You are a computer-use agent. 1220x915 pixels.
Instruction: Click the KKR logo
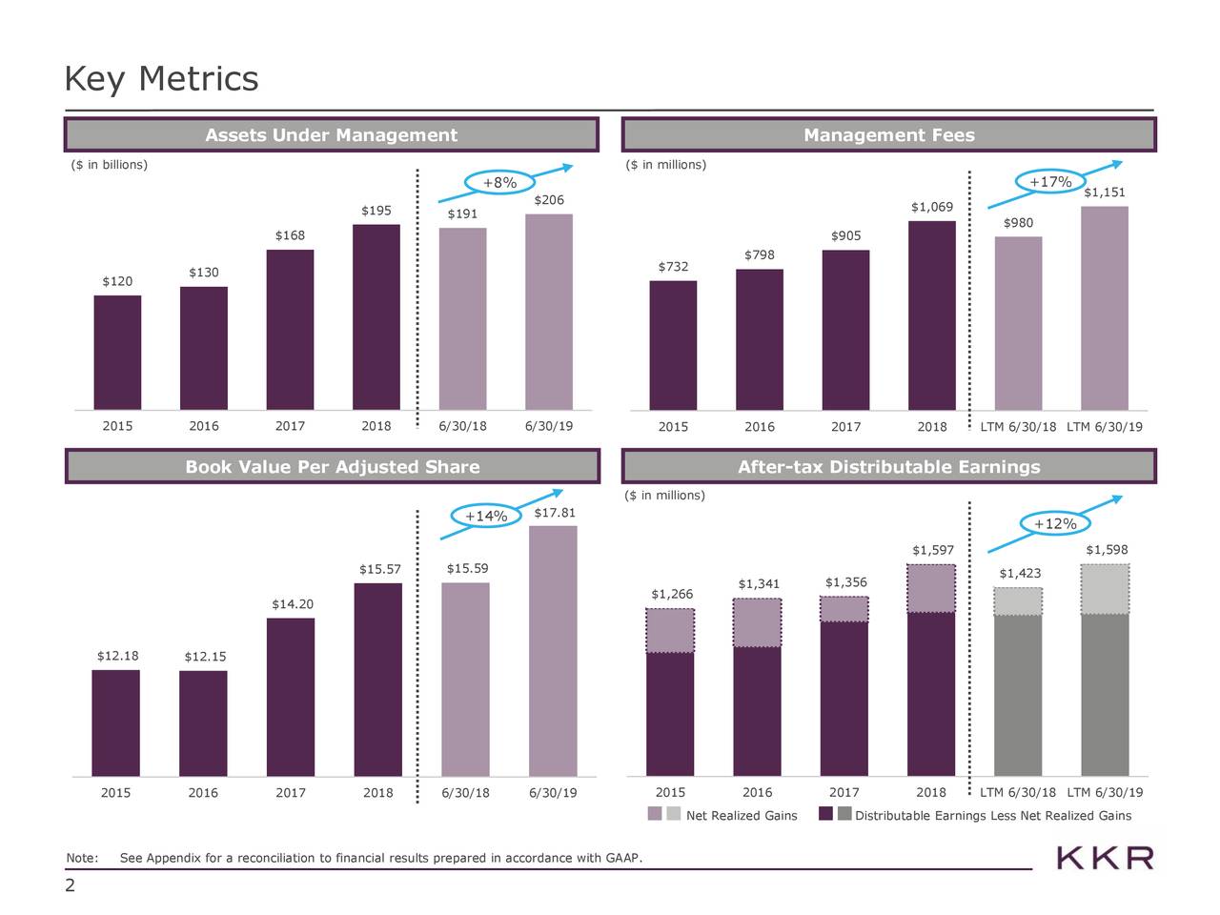click(x=1105, y=858)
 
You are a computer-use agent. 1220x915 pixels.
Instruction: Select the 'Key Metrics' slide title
click(x=161, y=78)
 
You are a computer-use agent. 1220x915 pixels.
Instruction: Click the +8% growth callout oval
click(x=499, y=183)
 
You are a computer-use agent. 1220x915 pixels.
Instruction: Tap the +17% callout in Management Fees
click(x=1050, y=182)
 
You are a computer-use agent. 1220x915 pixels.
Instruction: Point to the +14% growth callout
click(x=485, y=516)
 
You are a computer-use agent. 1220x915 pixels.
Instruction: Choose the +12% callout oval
click(x=1055, y=523)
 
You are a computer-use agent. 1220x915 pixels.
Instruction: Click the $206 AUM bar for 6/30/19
click(x=548, y=312)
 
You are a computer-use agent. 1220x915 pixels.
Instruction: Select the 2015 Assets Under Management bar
click(x=117, y=353)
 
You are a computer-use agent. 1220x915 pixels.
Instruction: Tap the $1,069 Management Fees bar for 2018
click(x=931, y=315)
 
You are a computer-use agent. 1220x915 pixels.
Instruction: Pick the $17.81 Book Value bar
click(x=553, y=650)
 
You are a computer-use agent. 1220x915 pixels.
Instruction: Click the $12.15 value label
click(x=205, y=657)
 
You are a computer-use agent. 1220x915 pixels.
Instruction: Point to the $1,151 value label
click(x=1105, y=193)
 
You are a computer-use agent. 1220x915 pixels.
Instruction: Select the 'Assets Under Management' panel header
click(x=332, y=135)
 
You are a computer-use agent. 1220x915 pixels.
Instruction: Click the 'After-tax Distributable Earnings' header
click(x=888, y=467)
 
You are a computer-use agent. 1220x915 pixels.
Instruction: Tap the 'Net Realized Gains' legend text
click(x=742, y=816)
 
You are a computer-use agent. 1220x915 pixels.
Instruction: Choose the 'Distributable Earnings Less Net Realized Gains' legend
click(x=993, y=816)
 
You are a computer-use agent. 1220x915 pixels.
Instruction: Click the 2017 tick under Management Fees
click(x=845, y=427)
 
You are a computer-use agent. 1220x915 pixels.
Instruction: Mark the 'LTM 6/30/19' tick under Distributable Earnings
click(x=1105, y=793)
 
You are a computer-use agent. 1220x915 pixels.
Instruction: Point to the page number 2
click(x=70, y=886)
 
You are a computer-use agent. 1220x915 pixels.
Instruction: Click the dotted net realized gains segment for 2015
click(x=670, y=630)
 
